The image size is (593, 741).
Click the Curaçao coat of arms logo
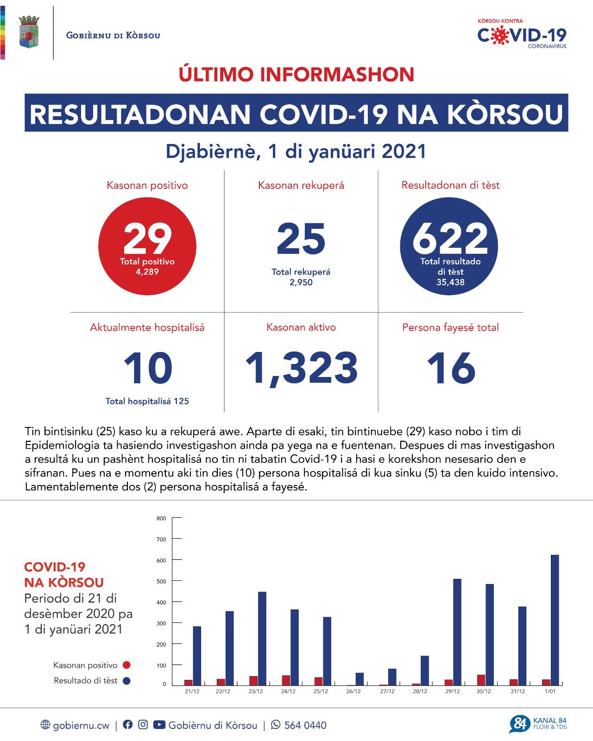click(x=29, y=32)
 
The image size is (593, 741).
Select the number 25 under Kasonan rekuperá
click(x=301, y=239)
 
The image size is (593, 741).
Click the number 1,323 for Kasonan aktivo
click(x=301, y=369)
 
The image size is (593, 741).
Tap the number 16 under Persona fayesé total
click(x=450, y=369)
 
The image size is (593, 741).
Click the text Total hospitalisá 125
click(x=147, y=402)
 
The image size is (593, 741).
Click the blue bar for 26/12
click(x=360, y=679)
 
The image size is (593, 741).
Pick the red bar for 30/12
click(x=481, y=680)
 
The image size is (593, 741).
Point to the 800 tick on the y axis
click(x=161, y=518)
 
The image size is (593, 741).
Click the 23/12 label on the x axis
click(x=256, y=691)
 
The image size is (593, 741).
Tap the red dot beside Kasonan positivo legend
click(x=126, y=665)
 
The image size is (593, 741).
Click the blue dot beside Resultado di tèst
click(x=126, y=681)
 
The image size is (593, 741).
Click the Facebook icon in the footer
click(x=128, y=725)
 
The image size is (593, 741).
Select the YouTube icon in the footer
click(x=159, y=725)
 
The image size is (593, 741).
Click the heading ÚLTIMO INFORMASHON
click(x=296, y=75)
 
